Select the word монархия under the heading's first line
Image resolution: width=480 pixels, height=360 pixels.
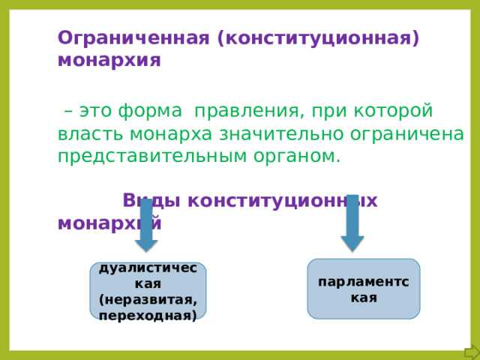tap(109, 60)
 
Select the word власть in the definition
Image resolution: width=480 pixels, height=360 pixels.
tap(91, 134)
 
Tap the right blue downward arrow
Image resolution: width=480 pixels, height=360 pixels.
tap(352, 222)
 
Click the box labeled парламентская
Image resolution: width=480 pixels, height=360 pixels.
tap(364, 289)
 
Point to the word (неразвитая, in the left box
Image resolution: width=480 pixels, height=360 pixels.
tap(148, 300)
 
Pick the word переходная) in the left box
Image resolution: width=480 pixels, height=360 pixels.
tap(148, 315)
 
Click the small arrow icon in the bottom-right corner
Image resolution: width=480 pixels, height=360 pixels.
tap(471, 352)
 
